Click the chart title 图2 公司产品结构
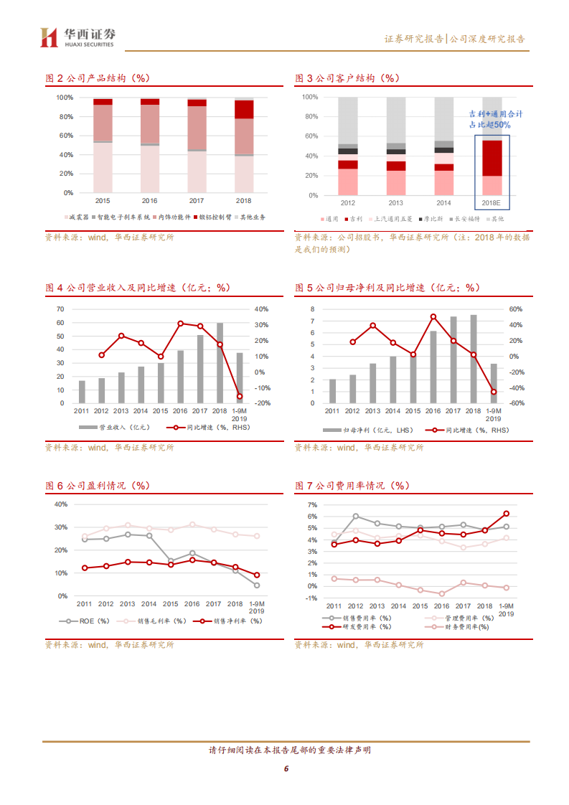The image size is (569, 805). click(x=98, y=78)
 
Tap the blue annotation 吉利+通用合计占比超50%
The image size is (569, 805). click(x=495, y=119)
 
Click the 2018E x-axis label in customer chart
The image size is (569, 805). click(x=492, y=203)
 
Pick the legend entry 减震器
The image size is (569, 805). click(x=77, y=217)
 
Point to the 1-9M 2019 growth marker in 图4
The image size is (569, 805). click(x=240, y=396)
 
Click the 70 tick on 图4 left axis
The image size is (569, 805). click(x=60, y=309)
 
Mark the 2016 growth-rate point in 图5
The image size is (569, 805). click(x=433, y=316)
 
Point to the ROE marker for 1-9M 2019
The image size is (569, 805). click(x=257, y=585)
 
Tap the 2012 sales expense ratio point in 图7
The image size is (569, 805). click(x=355, y=516)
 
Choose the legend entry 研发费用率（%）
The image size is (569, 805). click(x=366, y=626)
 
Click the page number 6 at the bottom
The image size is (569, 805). click(x=285, y=768)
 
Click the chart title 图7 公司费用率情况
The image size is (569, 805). click(x=352, y=486)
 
